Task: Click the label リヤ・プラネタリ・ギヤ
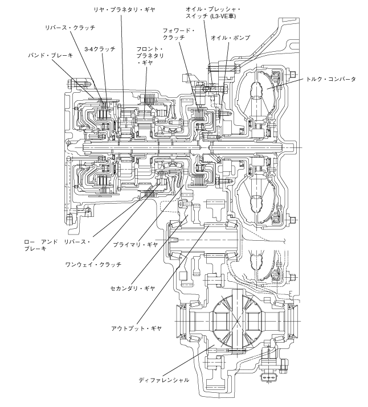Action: tap(124, 10)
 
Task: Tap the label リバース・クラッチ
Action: tap(70, 28)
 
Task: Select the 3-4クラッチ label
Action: tap(100, 49)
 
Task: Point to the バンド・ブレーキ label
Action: tap(50, 55)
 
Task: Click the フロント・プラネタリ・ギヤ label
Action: tap(150, 56)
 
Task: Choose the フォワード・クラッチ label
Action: tap(179, 34)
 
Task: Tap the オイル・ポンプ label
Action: tap(230, 38)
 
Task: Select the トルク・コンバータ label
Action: tap(330, 79)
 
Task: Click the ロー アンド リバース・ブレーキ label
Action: tap(57, 245)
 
